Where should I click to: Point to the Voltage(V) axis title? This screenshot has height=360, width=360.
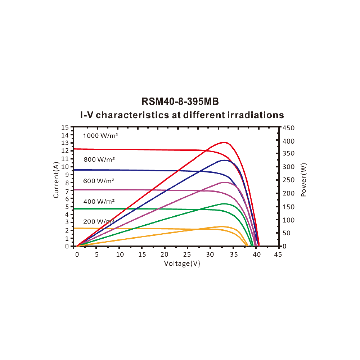point(182,264)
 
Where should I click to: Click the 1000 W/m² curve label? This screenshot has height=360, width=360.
point(100,136)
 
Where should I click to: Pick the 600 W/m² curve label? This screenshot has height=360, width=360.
point(99,181)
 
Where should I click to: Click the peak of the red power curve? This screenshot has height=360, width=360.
point(225,142)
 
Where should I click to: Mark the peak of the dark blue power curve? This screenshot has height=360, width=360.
point(224,160)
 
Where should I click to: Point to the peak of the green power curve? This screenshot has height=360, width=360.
point(224,204)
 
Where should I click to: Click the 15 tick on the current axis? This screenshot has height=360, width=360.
point(65,127)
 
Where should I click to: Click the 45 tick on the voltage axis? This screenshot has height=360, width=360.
point(278,255)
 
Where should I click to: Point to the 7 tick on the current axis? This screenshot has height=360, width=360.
point(66,191)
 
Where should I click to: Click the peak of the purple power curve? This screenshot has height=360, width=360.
point(224,182)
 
